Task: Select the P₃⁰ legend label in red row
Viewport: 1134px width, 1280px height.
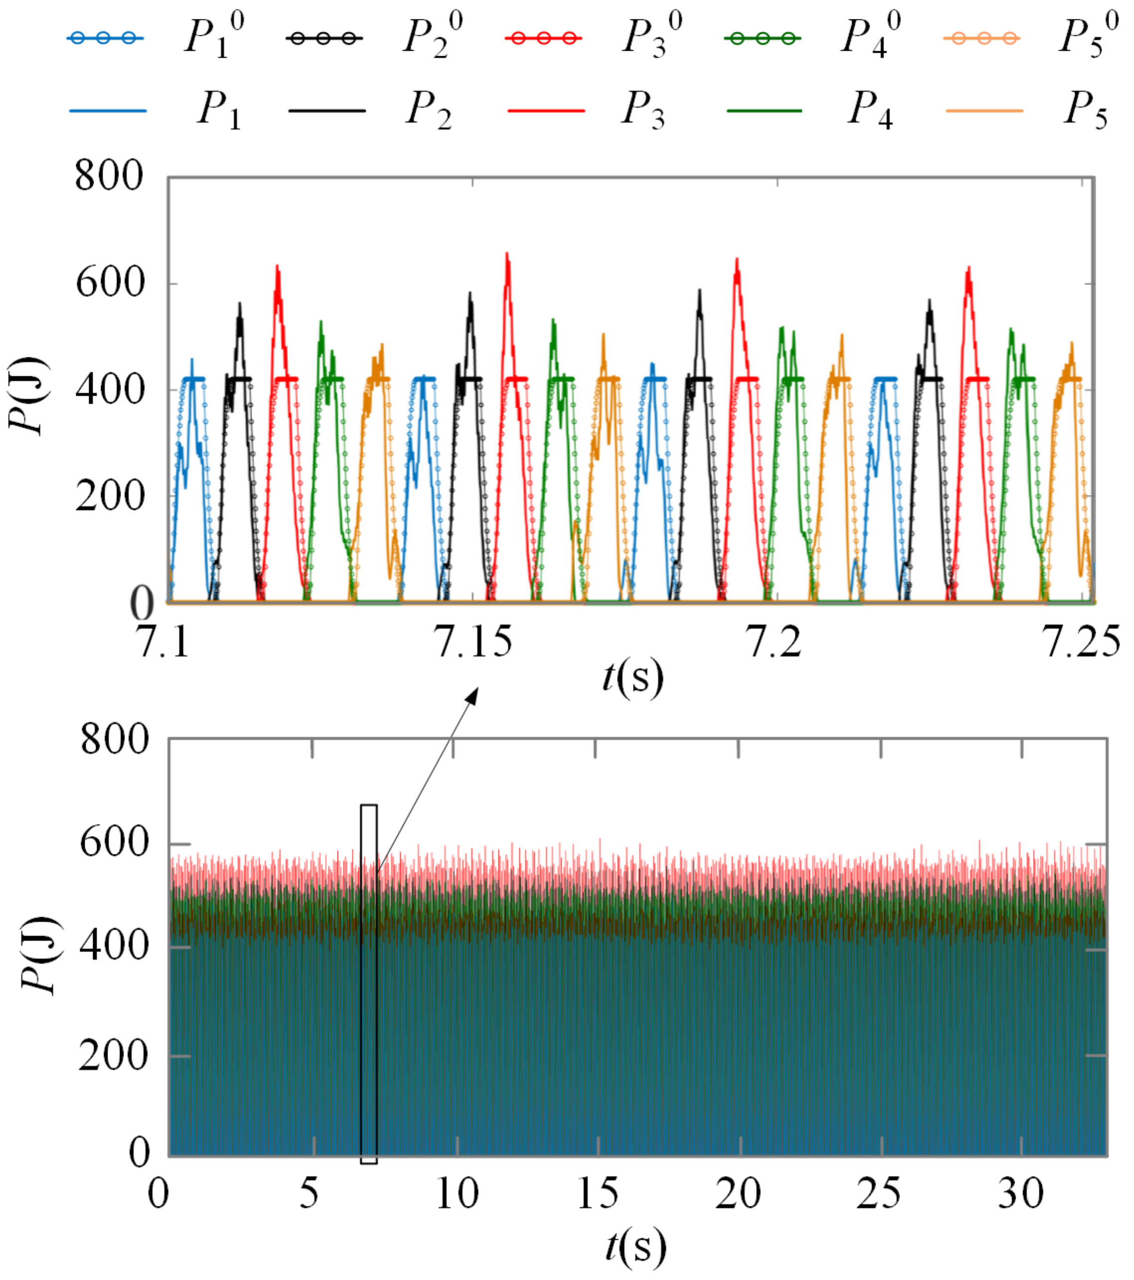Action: click(x=652, y=36)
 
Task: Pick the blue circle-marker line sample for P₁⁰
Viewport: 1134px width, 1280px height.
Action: click(x=105, y=38)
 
